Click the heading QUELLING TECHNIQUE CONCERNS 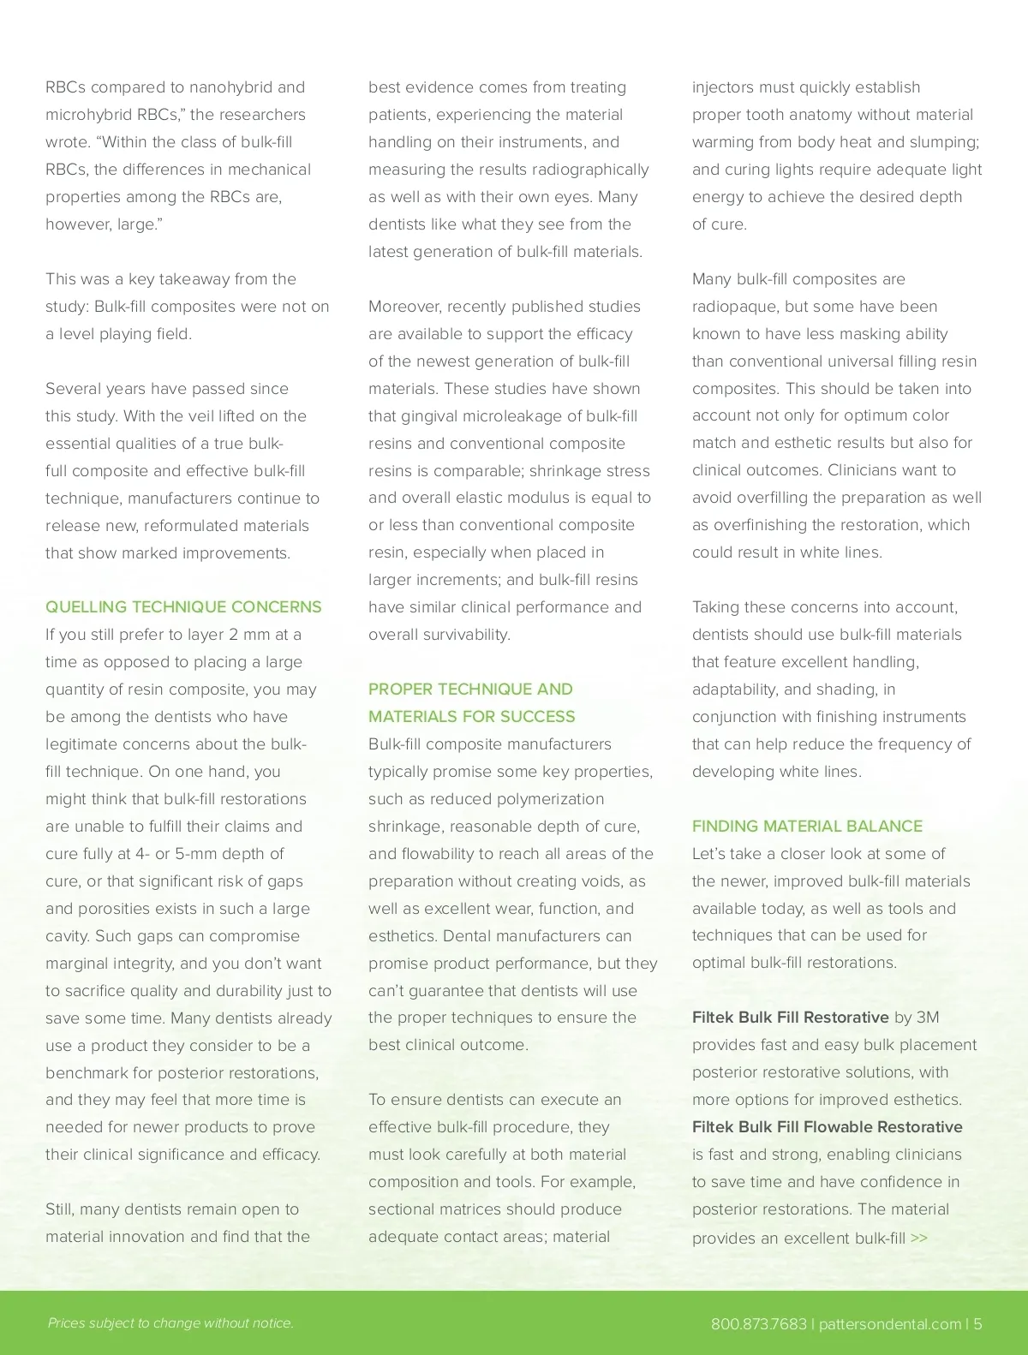(x=183, y=607)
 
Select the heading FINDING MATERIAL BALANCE (x=807, y=827)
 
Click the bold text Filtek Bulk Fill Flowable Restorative (x=827, y=1127)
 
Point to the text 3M (x=928, y=1018)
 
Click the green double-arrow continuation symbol (x=919, y=1239)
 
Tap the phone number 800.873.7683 (x=758, y=1324)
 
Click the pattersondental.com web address (x=889, y=1324)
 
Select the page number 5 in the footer (x=977, y=1324)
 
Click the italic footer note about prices (x=170, y=1323)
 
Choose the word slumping (x=946, y=142)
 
